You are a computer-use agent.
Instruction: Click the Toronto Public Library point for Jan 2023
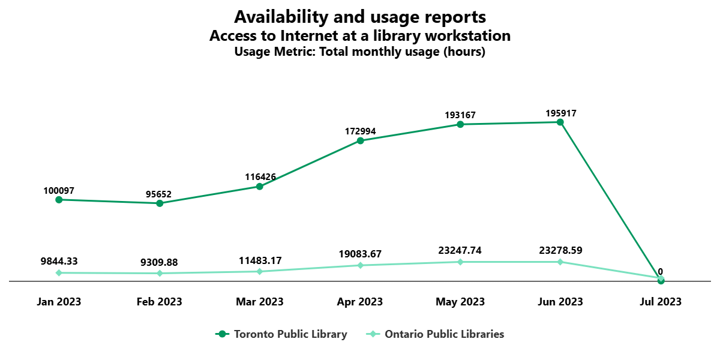point(59,200)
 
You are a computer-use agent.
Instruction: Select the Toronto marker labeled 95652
point(160,203)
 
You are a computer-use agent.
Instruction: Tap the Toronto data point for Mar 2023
point(260,187)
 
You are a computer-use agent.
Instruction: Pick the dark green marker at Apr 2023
point(360,141)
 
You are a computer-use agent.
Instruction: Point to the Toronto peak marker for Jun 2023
point(560,122)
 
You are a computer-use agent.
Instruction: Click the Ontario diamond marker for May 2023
point(460,262)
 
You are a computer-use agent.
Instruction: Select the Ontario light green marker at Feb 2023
point(160,274)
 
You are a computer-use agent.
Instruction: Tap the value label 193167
point(460,115)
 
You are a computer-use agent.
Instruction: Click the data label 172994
point(360,131)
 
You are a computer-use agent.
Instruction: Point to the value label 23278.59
point(560,250)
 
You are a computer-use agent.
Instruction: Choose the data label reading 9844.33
point(59,261)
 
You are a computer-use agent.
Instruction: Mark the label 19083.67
point(360,254)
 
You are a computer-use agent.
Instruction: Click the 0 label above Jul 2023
point(661,271)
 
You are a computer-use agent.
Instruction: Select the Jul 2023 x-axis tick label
point(661,302)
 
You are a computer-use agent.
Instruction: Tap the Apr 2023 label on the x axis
point(360,302)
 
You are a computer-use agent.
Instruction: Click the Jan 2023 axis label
point(59,302)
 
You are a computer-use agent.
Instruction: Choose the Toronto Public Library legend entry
point(282,334)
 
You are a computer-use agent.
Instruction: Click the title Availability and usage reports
point(360,16)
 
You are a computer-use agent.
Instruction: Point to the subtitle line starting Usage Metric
point(360,52)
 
